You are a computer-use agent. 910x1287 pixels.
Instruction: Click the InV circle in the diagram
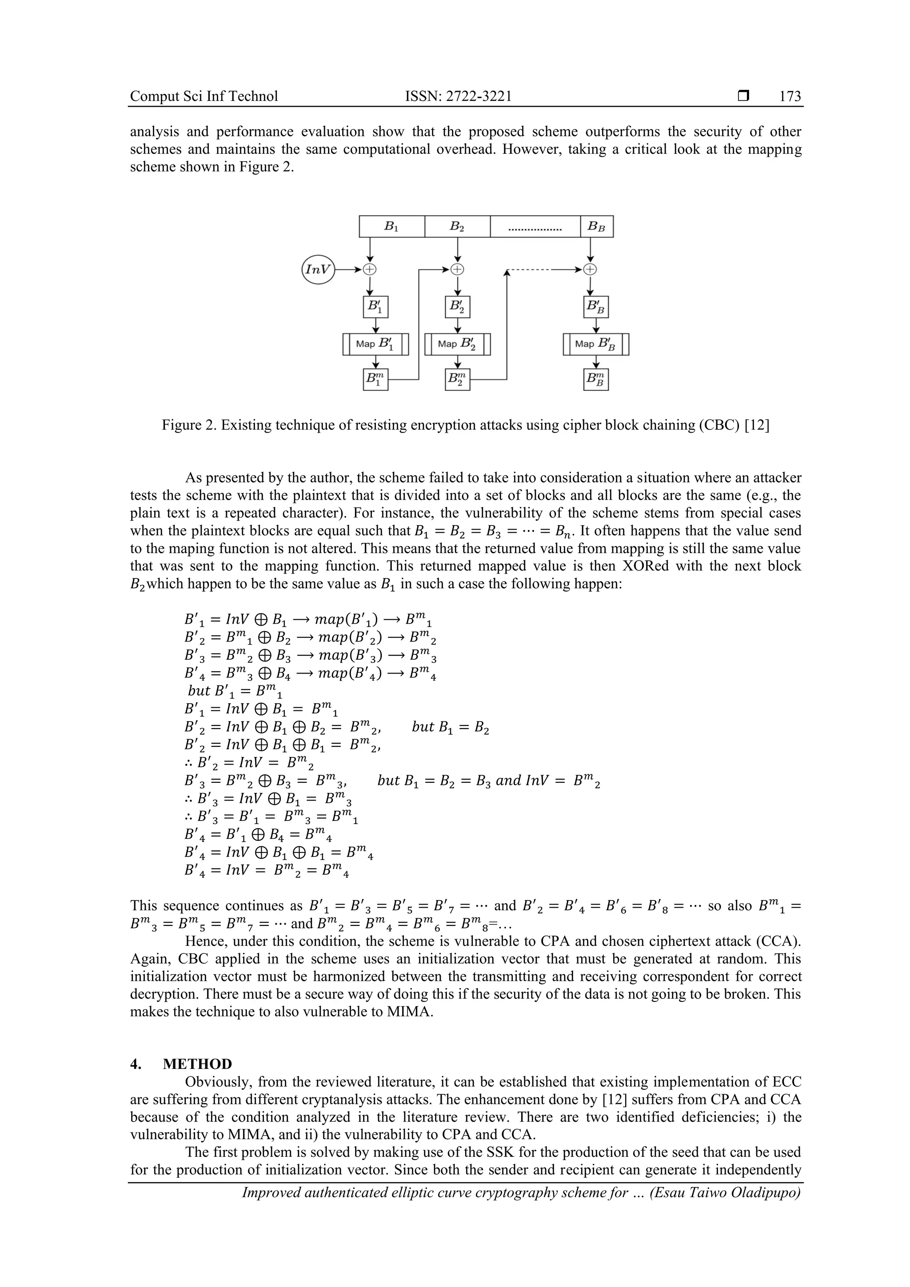[318, 270]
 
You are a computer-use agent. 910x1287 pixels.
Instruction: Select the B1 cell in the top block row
[391, 227]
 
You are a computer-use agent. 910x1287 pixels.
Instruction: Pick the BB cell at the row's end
[596, 227]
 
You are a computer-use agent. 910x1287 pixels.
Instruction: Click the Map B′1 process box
[375, 344]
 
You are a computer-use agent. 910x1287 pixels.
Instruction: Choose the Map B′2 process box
[458, 344]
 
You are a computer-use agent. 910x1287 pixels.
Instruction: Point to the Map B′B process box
[595, 344]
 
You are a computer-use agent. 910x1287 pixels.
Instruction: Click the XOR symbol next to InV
[370, 270]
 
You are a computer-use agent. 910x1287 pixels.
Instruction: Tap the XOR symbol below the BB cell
[590, 270]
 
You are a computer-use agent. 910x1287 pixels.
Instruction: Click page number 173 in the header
[790, 97]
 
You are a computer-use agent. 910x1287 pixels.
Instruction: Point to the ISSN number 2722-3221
[479, 97]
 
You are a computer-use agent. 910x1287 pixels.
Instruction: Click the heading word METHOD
[197, 1064]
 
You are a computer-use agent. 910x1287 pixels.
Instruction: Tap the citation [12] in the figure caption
[758, 426]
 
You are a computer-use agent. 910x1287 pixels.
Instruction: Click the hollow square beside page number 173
[743, 96]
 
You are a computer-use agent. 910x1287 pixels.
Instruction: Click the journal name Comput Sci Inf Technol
[204, 97]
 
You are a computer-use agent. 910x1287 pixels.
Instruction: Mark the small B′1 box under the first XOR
[375, 307]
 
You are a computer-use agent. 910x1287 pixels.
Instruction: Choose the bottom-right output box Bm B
[595, 379]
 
